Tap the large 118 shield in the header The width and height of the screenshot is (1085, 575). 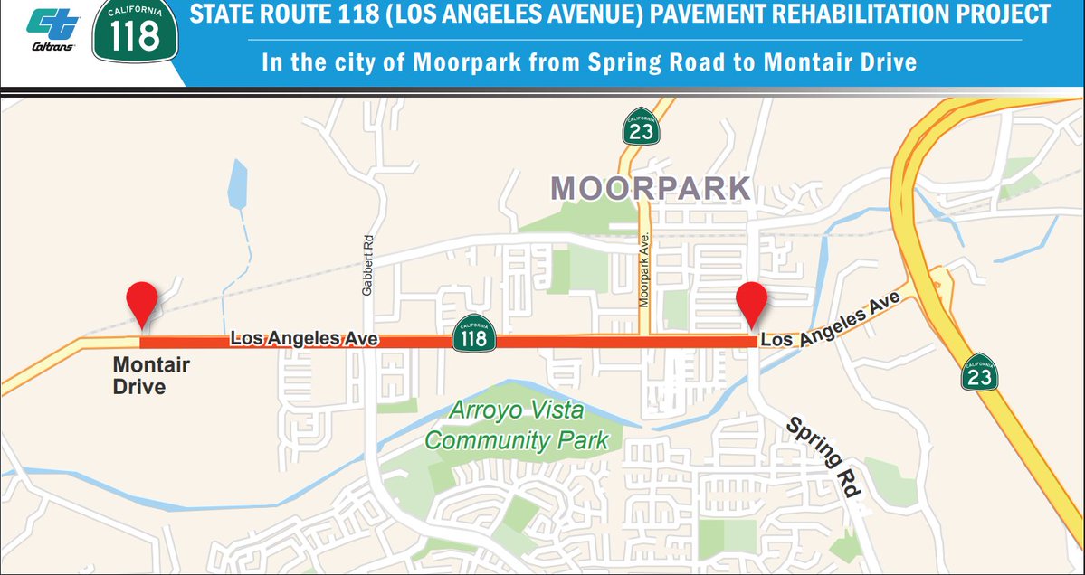point(137,33)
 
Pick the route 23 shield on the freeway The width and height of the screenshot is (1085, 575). point(980,372)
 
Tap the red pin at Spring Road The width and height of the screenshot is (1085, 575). point(751,303)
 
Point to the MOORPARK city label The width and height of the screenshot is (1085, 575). point(652,188)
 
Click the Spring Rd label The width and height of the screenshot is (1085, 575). point(822,457)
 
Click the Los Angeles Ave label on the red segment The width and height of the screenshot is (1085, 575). point(303,339)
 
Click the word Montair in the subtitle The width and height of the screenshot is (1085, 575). point(801,63)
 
